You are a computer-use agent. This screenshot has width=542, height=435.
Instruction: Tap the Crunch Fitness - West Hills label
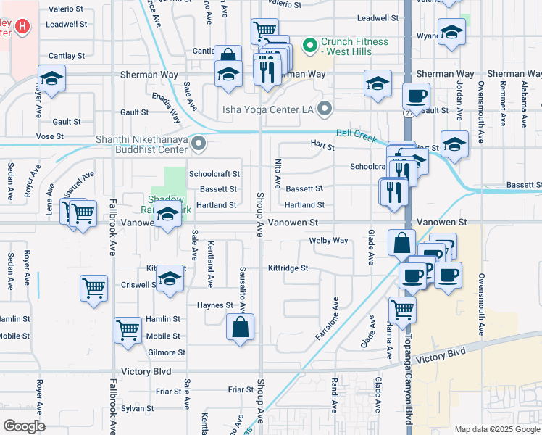(x=354, y=47)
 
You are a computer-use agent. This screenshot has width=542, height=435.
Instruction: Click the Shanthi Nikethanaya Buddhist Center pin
(x=198, y=144)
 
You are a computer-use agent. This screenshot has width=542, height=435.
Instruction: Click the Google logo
(x=24, y=426)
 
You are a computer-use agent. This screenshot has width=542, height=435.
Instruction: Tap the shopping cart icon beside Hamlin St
(x=128, y=329)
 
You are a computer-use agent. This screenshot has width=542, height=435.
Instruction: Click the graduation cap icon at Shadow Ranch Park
(x=167, y=215)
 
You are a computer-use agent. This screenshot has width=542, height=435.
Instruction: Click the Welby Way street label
(x=328, y=240)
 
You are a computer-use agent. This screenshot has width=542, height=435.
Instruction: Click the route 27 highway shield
(x=409, y=112)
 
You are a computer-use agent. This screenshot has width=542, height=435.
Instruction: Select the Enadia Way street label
(x=167, y=107)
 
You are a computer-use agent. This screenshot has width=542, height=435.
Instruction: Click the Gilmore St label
(x=166, y=352)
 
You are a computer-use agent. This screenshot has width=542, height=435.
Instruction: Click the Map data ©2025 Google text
(x=496, y=429)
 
